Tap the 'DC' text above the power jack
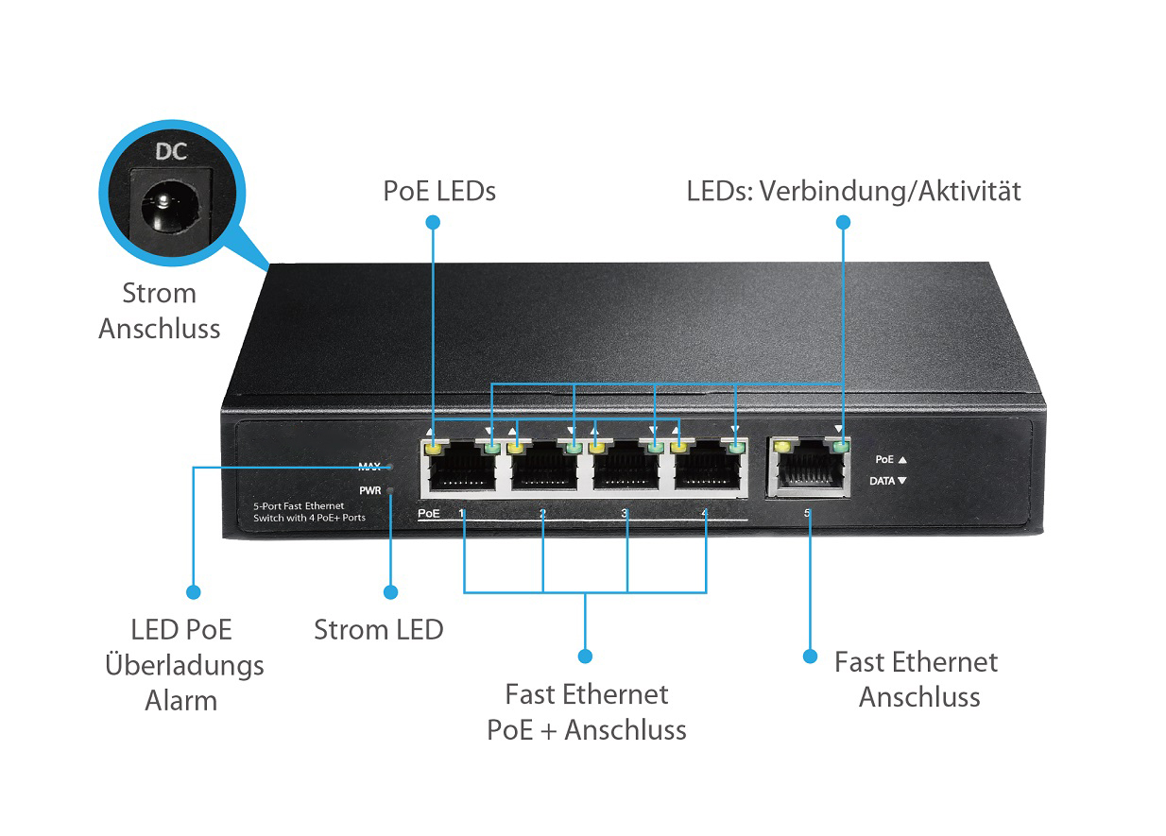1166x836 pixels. point(171,151)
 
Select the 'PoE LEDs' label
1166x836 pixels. point(439,191)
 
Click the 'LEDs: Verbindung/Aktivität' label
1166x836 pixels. point(853,191)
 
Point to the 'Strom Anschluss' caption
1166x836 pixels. point(160,311)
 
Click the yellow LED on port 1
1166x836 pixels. point(434,447)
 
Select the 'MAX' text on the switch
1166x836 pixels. point(369,467)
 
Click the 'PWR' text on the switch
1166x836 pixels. point(369,490)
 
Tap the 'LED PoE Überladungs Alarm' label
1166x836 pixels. point(183,665)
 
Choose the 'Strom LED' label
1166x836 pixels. point(378,630)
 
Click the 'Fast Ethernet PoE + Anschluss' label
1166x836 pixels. point(586,712)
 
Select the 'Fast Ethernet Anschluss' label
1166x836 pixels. point(917,679)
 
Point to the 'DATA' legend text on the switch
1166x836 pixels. point(882,481)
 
